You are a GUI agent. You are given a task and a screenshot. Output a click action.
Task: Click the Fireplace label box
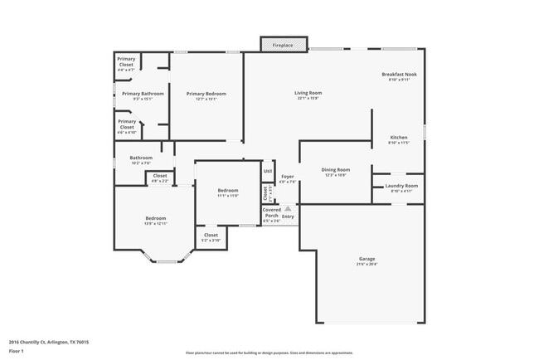[x=284, y=44]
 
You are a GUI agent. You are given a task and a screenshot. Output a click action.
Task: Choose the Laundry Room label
[x=401, y=187]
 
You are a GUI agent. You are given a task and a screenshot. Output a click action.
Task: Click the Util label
[x=267, y=172]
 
